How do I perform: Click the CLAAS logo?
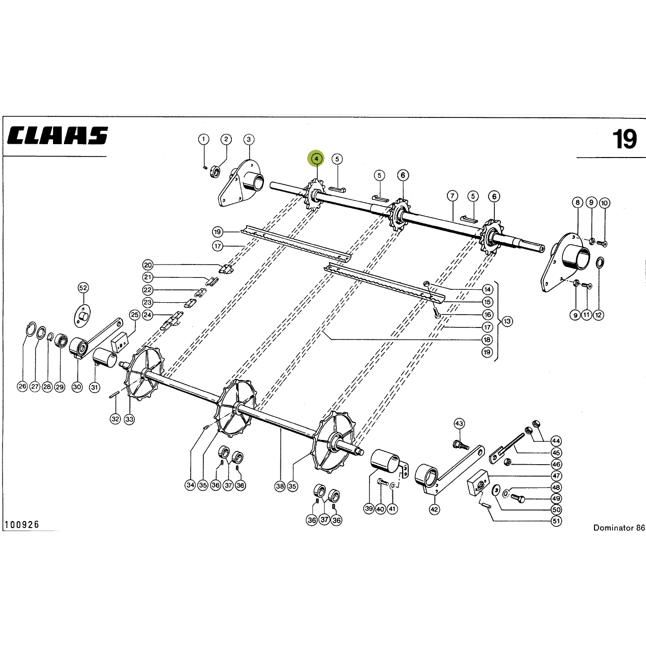57,135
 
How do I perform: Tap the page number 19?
625,139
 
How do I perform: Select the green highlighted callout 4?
317,159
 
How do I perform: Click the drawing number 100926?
22,525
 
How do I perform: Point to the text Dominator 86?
619,528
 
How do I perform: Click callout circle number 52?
83,288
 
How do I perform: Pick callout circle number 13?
507,321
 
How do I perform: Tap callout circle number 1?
204,139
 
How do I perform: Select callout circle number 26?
22,386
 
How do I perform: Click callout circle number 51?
556,521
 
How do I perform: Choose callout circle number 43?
459,424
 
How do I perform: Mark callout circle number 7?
453,196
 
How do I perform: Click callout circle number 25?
135,315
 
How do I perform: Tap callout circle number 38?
280,486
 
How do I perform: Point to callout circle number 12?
598,315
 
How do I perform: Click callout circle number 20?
148,265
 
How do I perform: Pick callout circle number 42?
434,510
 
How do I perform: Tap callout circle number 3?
249,139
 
